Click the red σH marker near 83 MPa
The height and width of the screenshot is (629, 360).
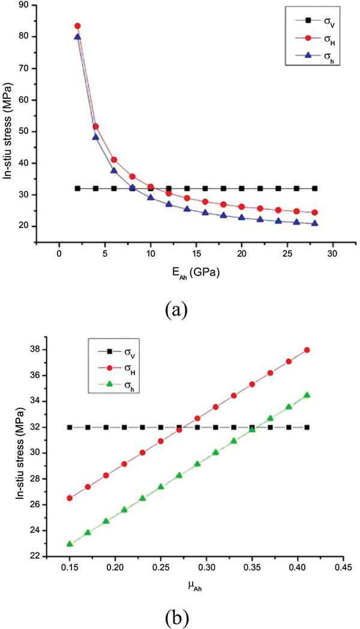click(77, 26)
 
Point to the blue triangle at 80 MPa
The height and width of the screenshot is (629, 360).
click(77, 37)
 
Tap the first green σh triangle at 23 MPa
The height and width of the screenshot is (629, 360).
click(70, 544)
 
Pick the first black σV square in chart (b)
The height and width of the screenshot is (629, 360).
click(70, 427)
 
